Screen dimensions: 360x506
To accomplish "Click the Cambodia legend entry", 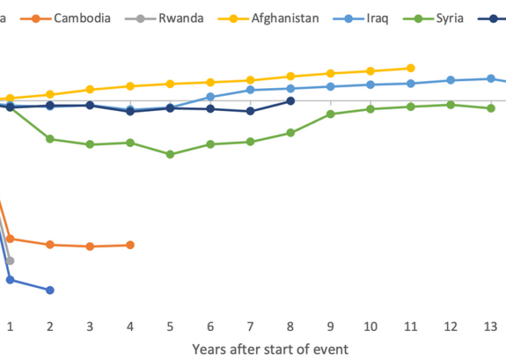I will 75,18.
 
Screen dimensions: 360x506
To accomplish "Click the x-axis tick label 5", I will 170,327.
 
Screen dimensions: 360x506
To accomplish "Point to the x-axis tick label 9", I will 330,327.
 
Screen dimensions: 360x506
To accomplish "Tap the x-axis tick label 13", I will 491,327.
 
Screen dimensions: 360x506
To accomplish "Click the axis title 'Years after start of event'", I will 270,349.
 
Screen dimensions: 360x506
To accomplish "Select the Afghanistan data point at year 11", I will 411,68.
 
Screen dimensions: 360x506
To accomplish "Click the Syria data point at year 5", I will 170,154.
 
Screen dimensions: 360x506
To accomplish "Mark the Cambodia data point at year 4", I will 130,245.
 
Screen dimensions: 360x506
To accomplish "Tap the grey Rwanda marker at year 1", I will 10,261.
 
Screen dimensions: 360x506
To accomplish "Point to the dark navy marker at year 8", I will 291,101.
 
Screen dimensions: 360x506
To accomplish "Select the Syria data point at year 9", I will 330,114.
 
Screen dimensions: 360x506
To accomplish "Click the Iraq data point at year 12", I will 451,80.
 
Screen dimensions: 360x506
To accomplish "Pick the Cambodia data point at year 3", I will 90,247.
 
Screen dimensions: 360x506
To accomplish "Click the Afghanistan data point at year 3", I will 90,90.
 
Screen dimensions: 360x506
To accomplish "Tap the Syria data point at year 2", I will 50,139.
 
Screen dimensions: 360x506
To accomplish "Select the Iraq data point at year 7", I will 251,90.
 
